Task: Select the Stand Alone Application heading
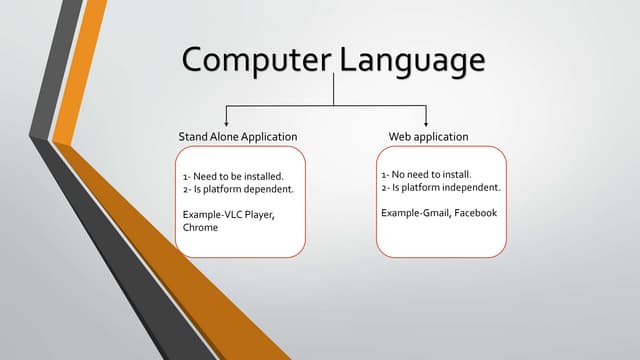pyautogui.click(x=237, y=136)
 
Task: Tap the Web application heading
pyautogui.click(x=428, y=136)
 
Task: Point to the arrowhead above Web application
pyautogui.click(x=427, y=121)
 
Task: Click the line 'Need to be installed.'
pyautogui.click(x=232, y=176)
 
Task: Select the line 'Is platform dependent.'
pyautogui.click(x=237, y=189)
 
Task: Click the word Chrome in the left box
pyautogui.click(x=201, y=228)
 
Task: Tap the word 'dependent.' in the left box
pyautogui.click(x=270, y=189)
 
